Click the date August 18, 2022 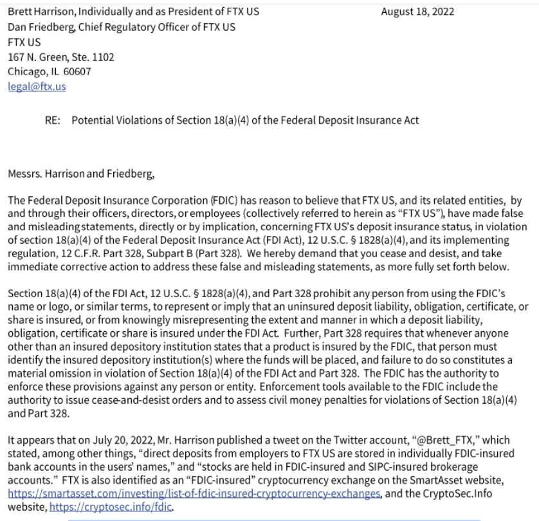coord(417,12)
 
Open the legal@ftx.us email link coord(37,86)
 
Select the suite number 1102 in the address coord(104,57)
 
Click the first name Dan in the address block coord(16,26)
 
